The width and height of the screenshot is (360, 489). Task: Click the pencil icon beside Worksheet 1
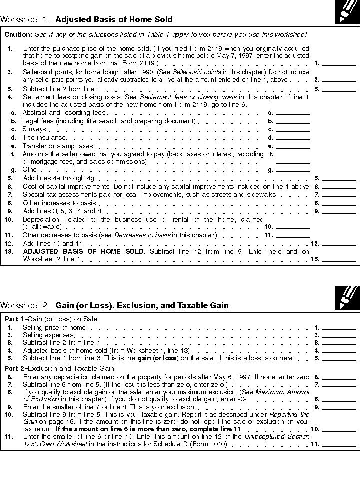click(x=347, y=12)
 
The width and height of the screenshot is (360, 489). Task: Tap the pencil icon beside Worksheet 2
click(x=347, y=298)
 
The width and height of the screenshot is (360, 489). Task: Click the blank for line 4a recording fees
click(x=293, y=113)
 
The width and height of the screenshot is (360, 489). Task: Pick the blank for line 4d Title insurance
click(x=293, y=138)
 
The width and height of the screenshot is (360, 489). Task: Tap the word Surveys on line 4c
click(x=34, y=129)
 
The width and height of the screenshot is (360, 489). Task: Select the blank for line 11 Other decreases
click(x=293, y=235)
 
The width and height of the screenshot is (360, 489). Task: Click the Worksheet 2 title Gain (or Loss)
click(x=142, y=305)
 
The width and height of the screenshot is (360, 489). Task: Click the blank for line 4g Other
click(x=293, y=170)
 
